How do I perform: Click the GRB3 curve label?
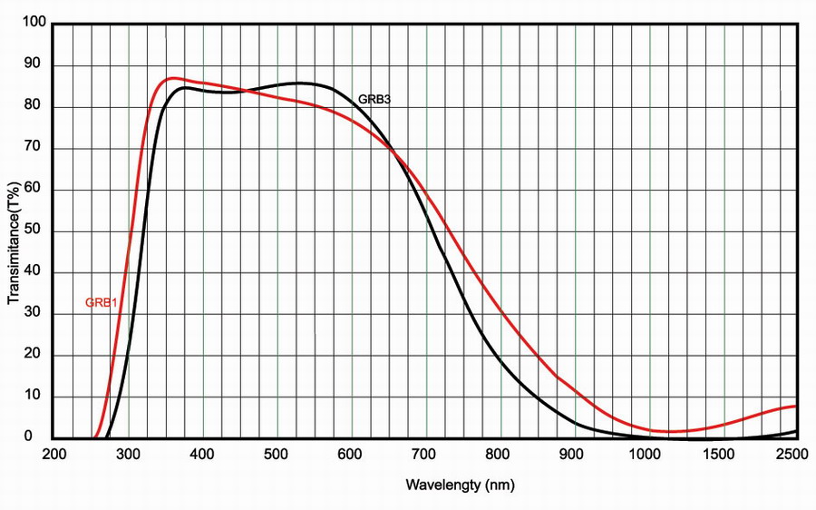374,99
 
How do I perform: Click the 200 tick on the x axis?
54,454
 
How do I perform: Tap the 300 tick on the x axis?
129,454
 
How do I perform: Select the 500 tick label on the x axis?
277,454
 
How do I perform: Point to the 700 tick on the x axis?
426,454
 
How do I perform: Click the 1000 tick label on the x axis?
649,454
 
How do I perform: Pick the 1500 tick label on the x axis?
724,454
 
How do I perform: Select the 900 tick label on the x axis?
575,454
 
